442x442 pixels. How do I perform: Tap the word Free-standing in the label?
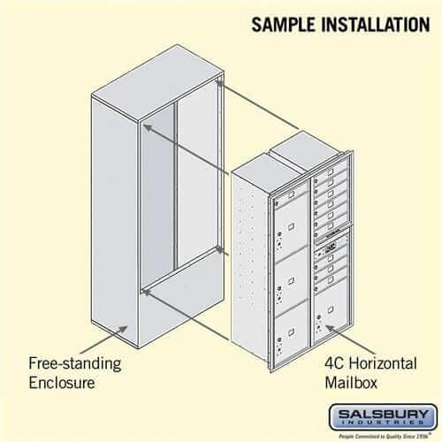pyautogui.click(x=74, y=362)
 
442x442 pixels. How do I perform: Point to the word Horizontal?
pyautogui.click(x=383, y=362)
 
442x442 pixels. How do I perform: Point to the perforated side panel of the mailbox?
pyautogui.click(x=250, y=265)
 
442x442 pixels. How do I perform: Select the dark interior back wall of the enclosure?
pyautogui.click(x=158, y=194)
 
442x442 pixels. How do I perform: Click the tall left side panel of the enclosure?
pyautogui.click(x=113, y=221)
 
